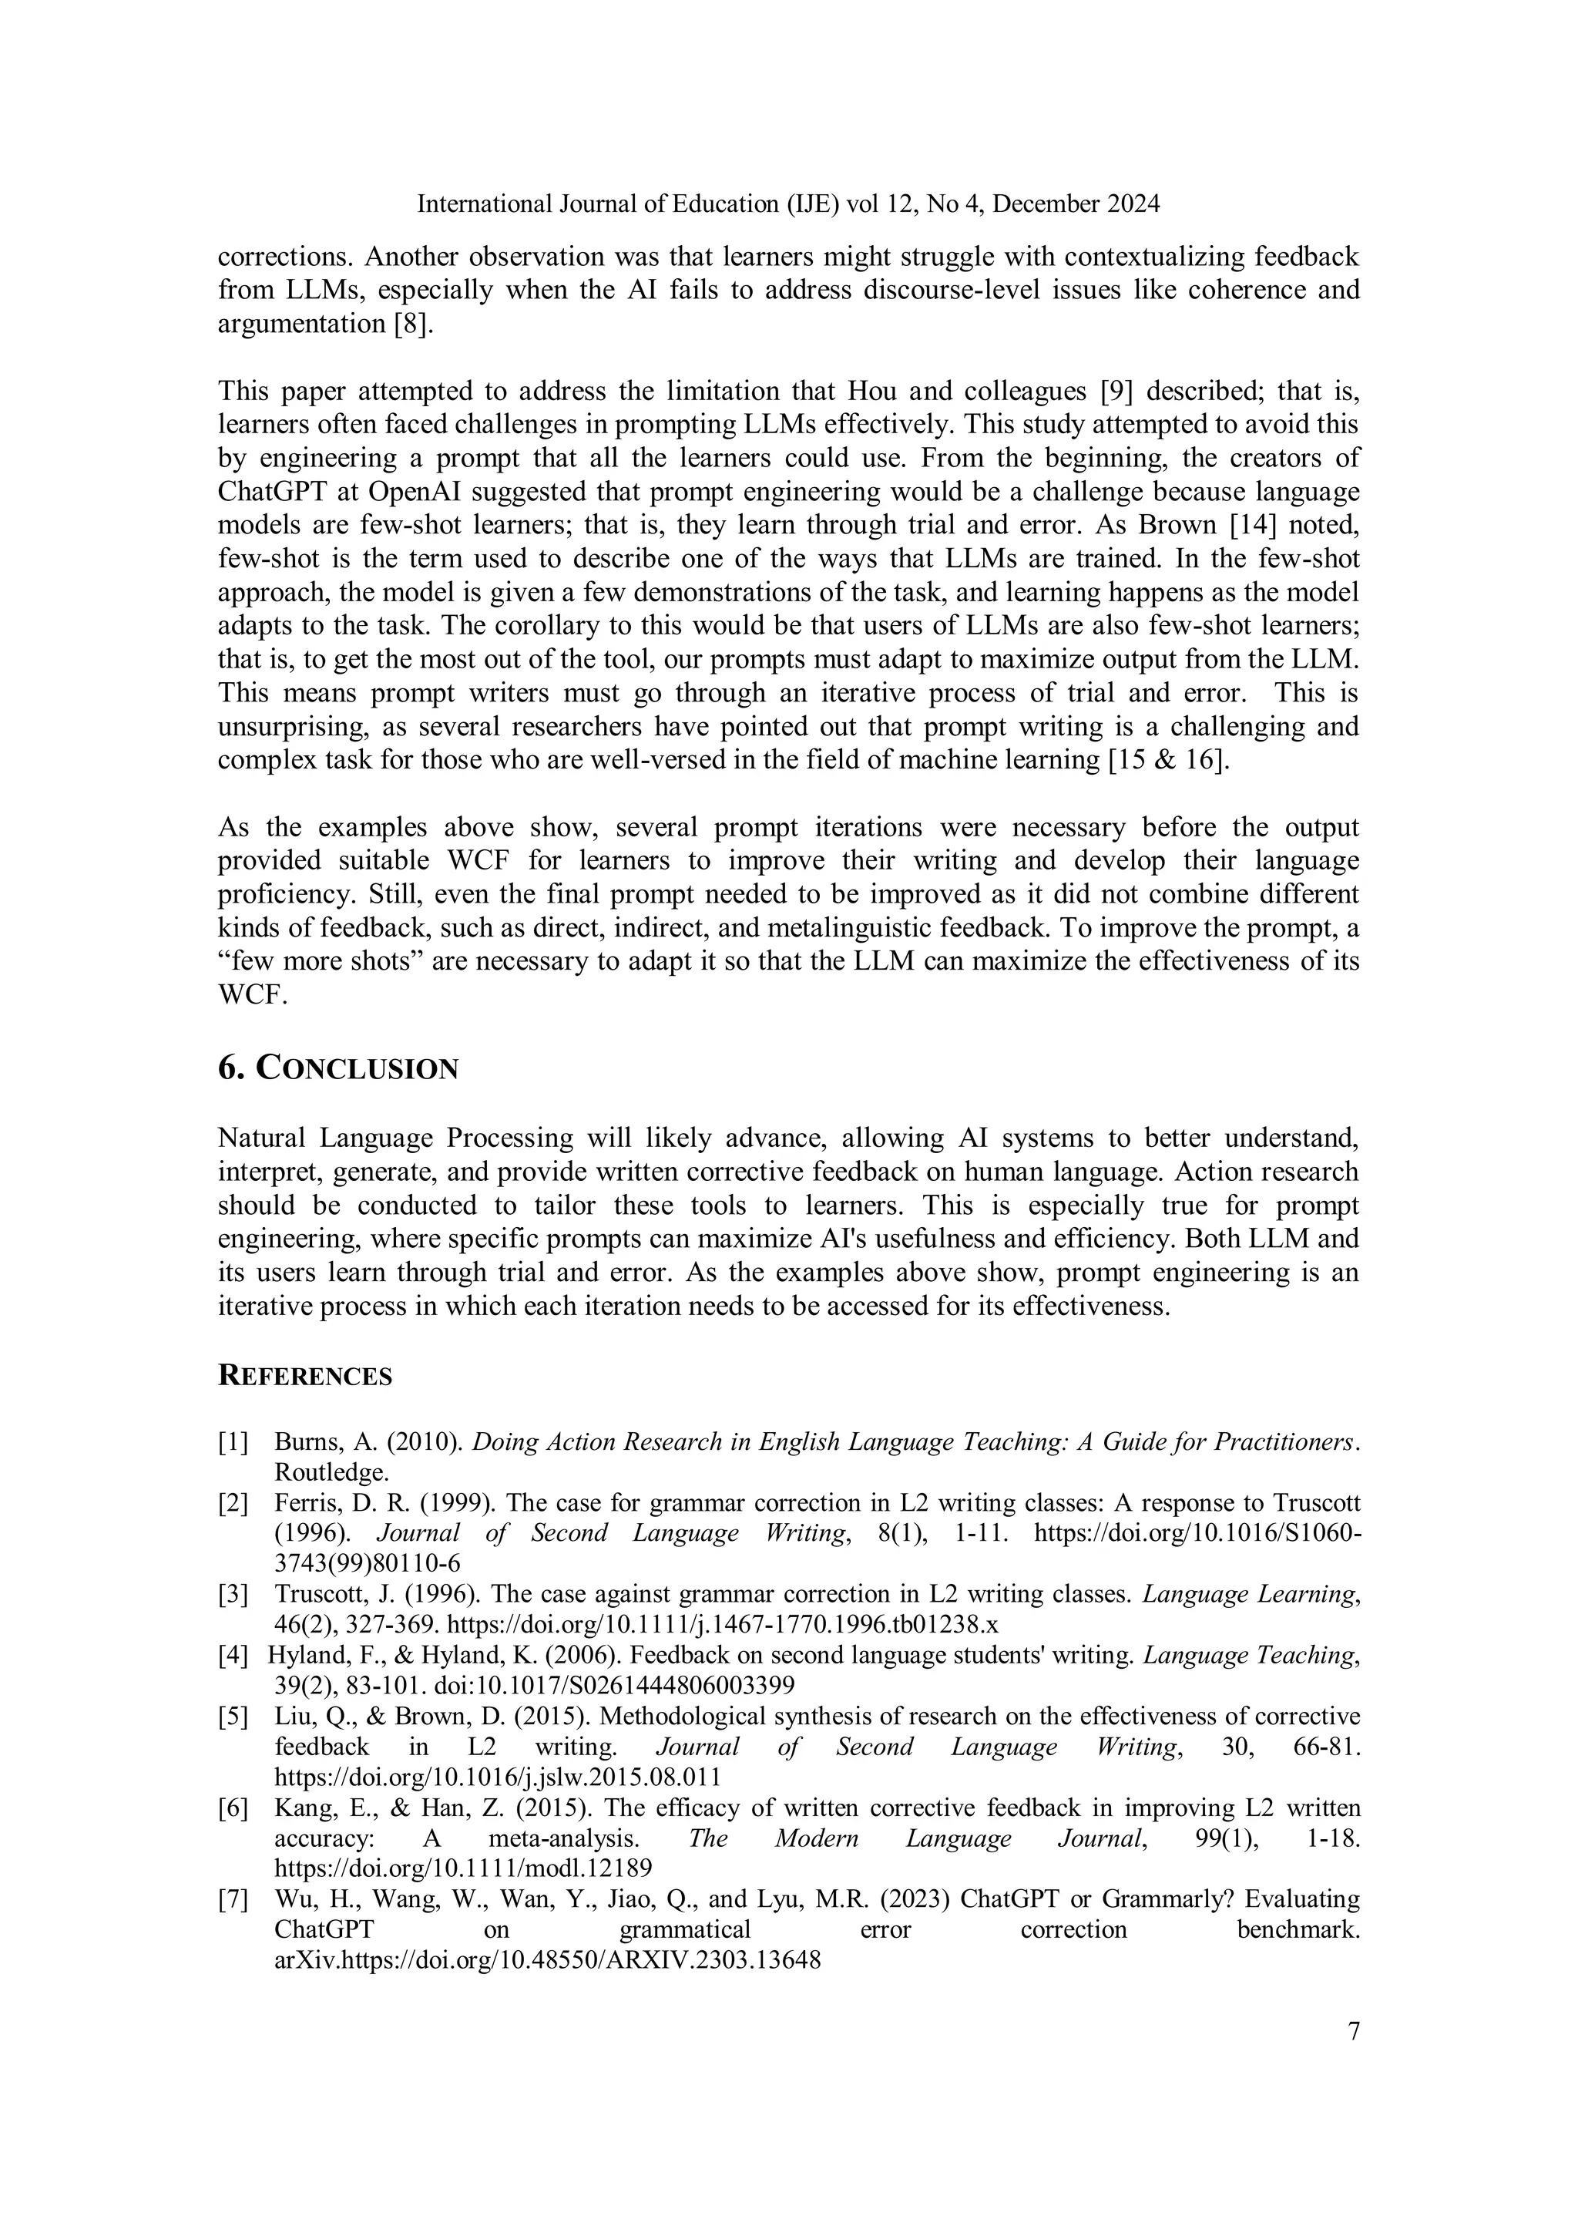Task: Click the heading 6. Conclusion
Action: click(337, 1068)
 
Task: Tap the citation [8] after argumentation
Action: click(411, 324)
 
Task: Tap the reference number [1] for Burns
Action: click(233, 1442)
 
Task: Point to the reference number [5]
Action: click(233, 1716)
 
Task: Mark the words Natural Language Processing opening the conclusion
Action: click(394, 1138)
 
